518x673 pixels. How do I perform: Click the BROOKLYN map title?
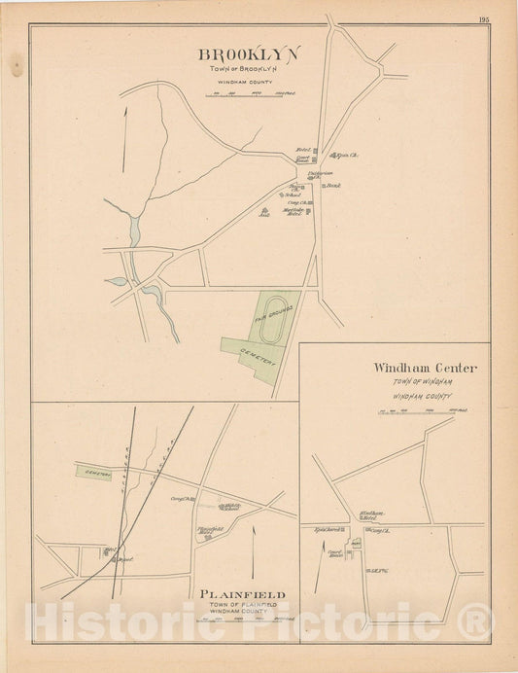(249, 54)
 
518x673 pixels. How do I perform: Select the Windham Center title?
(425, 368)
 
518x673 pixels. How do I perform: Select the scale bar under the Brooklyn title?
(249, 94)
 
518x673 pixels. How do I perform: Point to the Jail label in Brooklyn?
(262, 211)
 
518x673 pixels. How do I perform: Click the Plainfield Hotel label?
(211, 530)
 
